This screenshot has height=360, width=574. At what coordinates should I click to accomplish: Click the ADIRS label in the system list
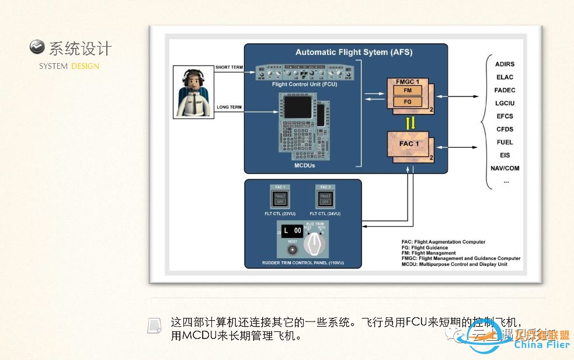[x=505, y=64]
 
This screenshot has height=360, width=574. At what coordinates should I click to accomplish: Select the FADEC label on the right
[x=505, y=90]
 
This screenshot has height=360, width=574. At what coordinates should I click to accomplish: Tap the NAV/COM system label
[x=505, y=168]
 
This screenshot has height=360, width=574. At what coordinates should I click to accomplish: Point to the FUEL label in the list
[x=505, y=142]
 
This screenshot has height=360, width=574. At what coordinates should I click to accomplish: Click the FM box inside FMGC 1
[x=407, y=91]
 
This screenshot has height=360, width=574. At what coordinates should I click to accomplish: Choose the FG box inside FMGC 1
[x=407, y=102]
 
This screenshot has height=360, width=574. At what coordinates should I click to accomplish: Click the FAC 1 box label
[x=408, y=144]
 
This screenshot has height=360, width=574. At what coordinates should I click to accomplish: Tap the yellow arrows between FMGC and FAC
[x=411, y=123]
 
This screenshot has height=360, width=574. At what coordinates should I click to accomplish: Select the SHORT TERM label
[x=229, y=68]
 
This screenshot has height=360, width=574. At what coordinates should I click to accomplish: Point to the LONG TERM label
[x=229, y=108]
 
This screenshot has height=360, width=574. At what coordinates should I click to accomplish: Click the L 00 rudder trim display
[x=291, y=231]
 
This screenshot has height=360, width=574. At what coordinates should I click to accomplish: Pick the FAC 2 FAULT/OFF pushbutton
[x=325, y=199]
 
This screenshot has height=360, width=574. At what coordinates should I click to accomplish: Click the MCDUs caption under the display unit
[x=304, y=166]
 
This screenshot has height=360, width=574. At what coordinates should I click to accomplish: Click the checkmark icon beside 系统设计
[x=37, y=47]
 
